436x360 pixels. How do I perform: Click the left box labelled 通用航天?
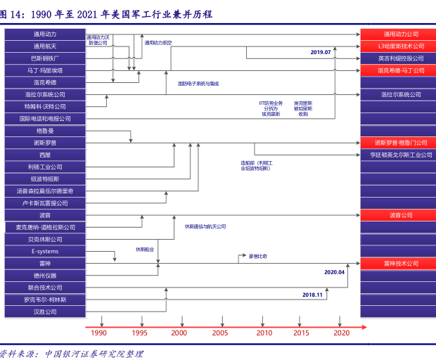point(45,46)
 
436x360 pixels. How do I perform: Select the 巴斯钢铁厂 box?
point(45,58)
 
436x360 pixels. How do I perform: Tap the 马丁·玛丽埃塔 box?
point(45,70)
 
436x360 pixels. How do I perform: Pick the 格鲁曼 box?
point(45,130)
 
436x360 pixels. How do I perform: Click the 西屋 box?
point(45,154)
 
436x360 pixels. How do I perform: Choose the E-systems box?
point(45,251)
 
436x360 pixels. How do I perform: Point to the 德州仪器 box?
point(45,275)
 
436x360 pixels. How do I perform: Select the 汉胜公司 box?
point(45,311)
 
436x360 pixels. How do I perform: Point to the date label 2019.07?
point(321,52)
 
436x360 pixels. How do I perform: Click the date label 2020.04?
point(334,271)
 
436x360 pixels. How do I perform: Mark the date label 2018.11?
point(312,295)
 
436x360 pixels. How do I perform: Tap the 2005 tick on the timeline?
point(220,333)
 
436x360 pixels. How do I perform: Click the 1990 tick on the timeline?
point(99,333)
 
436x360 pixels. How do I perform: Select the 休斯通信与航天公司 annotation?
point(205,226)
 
